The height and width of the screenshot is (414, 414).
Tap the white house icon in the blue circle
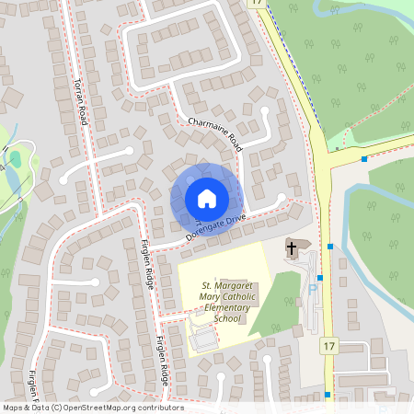(206, 198)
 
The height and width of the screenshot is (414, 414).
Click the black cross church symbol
(292, 247)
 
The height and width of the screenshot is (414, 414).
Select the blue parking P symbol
(312, 288)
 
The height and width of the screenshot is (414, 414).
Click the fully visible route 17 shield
(328, 346)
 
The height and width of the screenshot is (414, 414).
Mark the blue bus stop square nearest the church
(329, 247)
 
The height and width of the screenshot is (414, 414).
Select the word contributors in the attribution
(157, 408)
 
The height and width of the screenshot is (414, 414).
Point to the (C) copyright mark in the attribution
(56, 408)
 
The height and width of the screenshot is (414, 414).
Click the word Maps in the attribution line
(14, 408)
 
